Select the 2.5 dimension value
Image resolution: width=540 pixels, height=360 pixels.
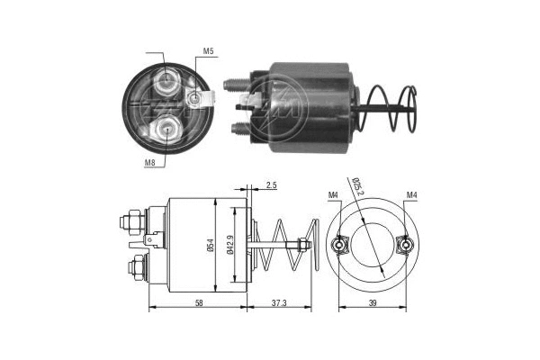pos(272,186)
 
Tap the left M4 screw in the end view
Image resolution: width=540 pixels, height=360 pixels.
pos(341,245)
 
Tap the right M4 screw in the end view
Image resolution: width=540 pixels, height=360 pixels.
pos(405,245)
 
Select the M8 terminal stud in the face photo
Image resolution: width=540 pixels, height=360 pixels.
pos(166,130)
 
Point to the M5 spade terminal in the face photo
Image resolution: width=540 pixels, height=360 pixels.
pos(195,97)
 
